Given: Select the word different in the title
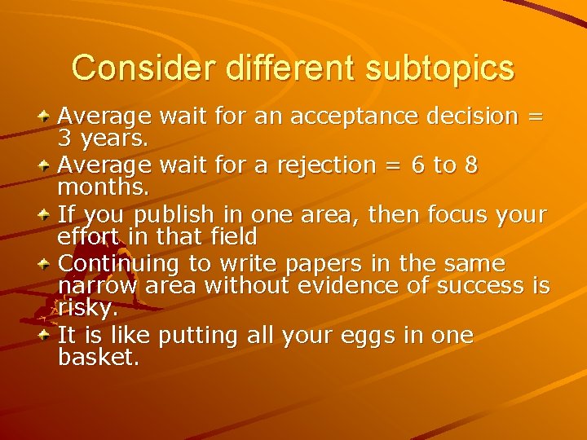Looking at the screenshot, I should point(275,68).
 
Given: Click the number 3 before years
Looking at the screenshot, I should point(64,139).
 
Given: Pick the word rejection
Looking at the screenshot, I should point(322,165).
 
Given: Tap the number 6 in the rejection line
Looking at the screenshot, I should point(417,165).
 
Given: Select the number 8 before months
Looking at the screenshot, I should point(470,165).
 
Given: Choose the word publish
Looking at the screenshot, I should point(175,215).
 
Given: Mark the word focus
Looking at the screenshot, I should point(447,215).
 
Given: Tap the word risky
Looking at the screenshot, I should point(87,308).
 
